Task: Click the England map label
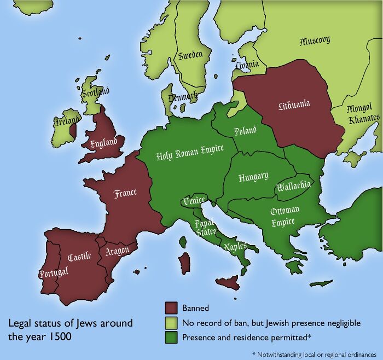coord(103,143)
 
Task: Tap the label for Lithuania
coord(294,104)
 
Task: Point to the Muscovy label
coord(315,40)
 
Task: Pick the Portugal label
coord(53,272)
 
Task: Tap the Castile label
coord(79,257)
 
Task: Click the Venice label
coord(194,201)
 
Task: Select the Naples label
coord(235,247)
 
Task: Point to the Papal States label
coord(206,227)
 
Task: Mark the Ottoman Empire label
coord(285,216)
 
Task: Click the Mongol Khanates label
coord(362,113)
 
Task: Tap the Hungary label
coord(253,177)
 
